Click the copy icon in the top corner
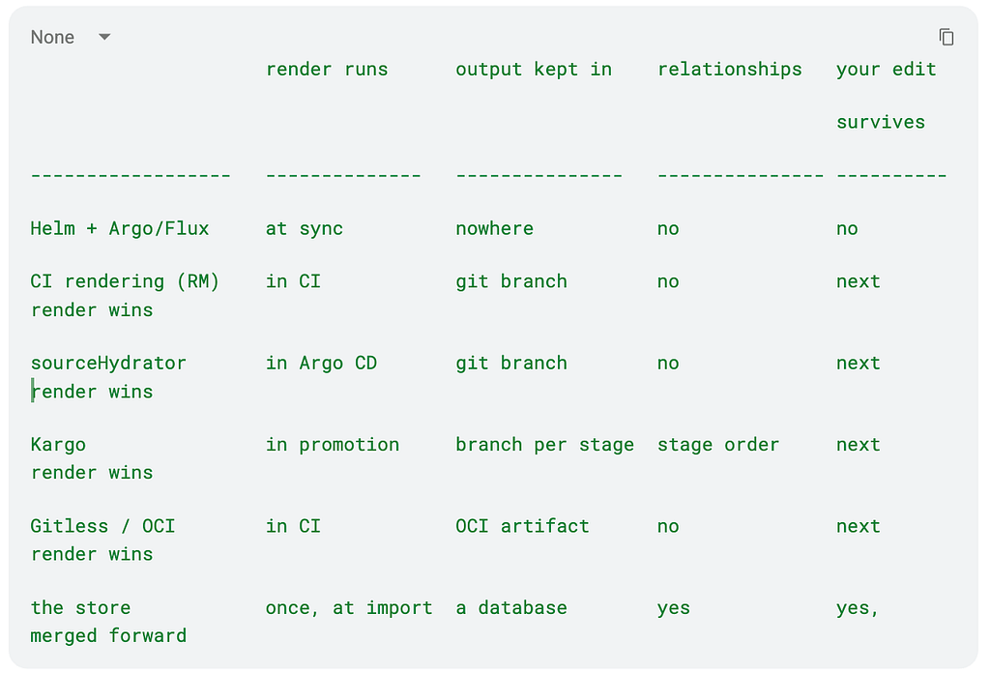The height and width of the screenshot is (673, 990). [x=946, y=38]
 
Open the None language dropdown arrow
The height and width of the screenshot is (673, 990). [x=104, y=37]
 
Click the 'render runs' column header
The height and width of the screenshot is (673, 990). [x=327, y=69]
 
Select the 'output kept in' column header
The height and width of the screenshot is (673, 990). [x=534, y=70]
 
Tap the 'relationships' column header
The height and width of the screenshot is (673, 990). [x=729, y=70]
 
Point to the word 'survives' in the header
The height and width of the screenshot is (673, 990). [x=881, y=122]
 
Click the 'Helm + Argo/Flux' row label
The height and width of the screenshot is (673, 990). [x=119, y=228]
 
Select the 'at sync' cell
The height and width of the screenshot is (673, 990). [x=305, y=228]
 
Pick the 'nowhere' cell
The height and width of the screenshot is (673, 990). [x=494, y=228]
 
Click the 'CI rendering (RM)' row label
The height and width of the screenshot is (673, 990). [x=125, y=281]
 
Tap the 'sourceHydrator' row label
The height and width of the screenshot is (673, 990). [x=108, y=363]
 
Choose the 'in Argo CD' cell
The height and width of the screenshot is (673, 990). [x=321, y=363]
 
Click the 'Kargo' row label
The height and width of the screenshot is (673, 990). [x=58, y=445]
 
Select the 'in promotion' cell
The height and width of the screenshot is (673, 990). [x=333, y=445]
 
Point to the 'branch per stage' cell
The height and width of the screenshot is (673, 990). [x=545, y=445]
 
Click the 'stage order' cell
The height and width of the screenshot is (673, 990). [x=718, y=445]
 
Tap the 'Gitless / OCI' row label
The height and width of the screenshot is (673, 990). [x=102, y=526]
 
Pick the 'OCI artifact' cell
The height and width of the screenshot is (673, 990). [x=522, y=526]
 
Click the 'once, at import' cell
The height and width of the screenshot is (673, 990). [x=349, y=607]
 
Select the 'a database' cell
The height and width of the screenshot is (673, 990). [x=511, y=607]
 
